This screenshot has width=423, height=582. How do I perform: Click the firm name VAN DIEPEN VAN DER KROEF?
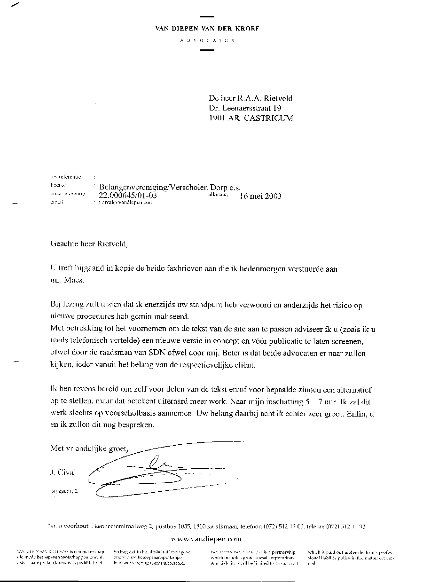(x=207, y=28)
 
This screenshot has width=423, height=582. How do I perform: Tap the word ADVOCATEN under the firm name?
(x=207, y=41)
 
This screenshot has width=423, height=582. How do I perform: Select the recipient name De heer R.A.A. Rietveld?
(x=251, y=98)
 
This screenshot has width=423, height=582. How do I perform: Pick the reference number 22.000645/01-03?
(x=127, y=196)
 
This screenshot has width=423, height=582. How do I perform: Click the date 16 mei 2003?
(x=260, y=196)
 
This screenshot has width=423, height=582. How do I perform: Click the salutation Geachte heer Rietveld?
(x=89, y=244)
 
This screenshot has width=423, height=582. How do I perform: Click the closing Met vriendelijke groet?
(x=89, y=449)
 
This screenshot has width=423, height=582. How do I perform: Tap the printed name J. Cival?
(x=63, y=472)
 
